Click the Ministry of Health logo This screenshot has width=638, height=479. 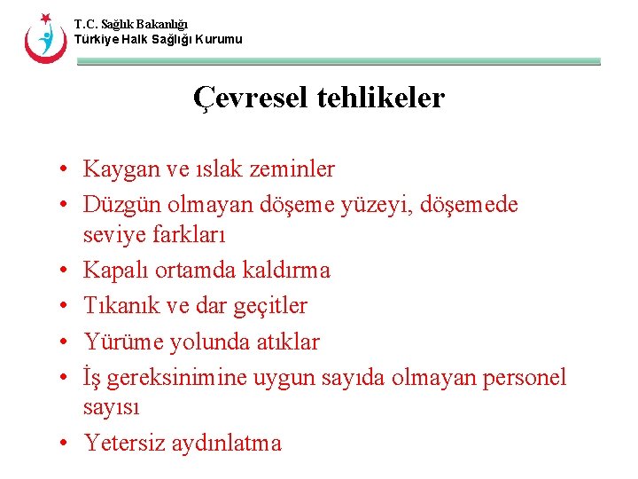point(43,37)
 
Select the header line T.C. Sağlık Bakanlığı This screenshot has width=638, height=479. point(131,25)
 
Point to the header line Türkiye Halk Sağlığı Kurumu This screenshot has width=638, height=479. point(158,40)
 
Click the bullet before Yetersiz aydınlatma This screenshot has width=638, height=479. point(66,443)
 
